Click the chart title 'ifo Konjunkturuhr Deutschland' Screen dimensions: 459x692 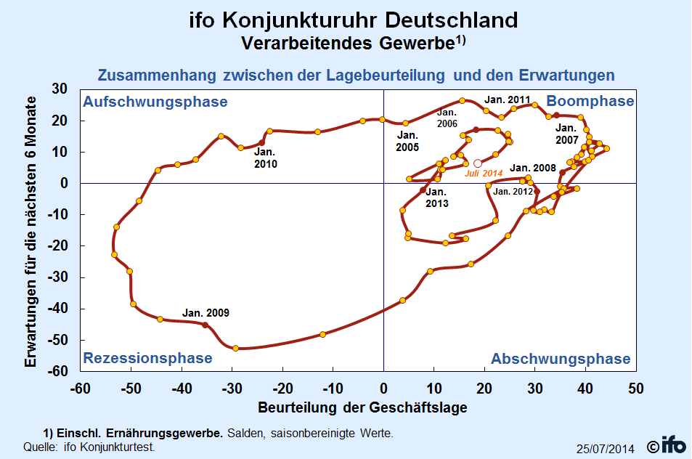(x=346, y=20)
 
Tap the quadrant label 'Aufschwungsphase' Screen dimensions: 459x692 (x=155, y=102)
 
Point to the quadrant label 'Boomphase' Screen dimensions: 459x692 (x=590, y=101)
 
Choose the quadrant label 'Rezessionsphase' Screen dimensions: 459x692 (x=147, y=358)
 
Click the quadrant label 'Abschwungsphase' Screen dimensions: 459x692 (x=561, y=359)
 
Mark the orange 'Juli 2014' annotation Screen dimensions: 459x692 (x=483, y=174)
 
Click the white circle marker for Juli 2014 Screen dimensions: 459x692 (x=477, y=163)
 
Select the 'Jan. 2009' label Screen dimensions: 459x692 (x=205, y=313)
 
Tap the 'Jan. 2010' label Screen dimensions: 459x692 (x=265, y=158)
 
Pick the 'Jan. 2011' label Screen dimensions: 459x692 (x=508, y=99)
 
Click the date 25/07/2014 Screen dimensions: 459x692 (x=605, y=449)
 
